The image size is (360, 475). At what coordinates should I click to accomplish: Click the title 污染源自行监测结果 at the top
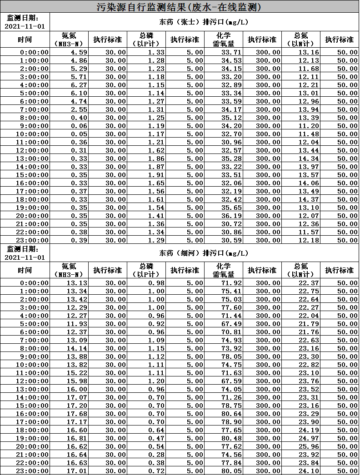pos(179,7)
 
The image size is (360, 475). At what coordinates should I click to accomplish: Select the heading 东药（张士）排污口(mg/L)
pos(203,22)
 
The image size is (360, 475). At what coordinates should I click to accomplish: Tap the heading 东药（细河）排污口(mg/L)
pos(203,253)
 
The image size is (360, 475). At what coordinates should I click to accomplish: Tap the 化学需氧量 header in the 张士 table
pos(224,40)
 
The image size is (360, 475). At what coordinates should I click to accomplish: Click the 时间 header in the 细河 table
pos(25,270)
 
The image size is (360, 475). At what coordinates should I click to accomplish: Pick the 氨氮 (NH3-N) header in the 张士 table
pos(69,40)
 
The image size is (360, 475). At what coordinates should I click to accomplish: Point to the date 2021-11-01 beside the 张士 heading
pos(25,26)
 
